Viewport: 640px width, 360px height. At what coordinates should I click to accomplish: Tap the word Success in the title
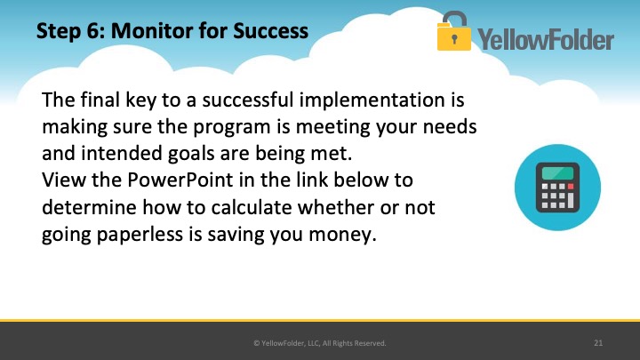270,31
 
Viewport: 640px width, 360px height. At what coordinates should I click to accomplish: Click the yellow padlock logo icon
454,31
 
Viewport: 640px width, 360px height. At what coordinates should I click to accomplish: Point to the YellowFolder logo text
546,39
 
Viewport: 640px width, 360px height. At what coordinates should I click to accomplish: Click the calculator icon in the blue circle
557,188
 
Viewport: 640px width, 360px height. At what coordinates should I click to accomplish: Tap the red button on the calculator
571,187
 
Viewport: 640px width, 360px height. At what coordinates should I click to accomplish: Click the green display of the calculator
557,172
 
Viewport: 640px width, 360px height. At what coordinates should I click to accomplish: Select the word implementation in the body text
372,100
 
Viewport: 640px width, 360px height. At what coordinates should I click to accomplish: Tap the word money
342,236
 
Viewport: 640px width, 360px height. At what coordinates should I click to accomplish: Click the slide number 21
598,343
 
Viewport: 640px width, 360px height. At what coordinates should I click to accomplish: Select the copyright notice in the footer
320,343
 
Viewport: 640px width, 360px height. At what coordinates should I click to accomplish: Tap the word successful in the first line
248,100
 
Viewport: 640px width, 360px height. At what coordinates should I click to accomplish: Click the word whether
336,207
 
